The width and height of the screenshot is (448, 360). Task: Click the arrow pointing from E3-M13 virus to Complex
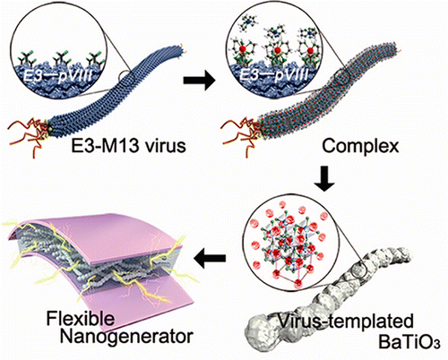tap(199, 80)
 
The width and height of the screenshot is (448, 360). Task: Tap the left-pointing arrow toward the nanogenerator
tap(210, 257)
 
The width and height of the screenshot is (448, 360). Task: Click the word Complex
tap(360, 147)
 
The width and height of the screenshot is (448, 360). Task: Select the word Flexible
tap(81, 318)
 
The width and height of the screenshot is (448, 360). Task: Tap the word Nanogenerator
tap(126, 336)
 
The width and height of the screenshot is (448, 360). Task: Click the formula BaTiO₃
tap(409, 342)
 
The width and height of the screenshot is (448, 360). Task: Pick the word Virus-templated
tap(346, 321)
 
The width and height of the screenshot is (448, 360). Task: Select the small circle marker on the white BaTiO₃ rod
tap(358, 270)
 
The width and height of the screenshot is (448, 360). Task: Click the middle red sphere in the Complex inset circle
tap(278, 49)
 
